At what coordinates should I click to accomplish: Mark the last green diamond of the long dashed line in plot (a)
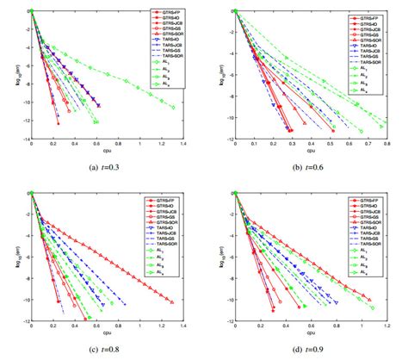(173, 107)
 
